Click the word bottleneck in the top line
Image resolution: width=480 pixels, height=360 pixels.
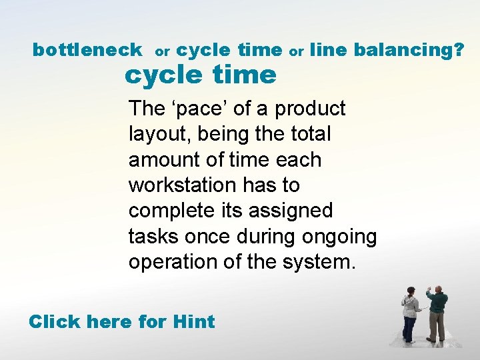click(87, 49)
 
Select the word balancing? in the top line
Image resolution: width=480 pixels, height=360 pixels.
click(409, 49)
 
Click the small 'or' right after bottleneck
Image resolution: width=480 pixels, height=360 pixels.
click(163, 51)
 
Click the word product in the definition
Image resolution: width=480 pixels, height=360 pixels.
click(310, 109)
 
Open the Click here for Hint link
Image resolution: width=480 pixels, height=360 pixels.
click(122, 322)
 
